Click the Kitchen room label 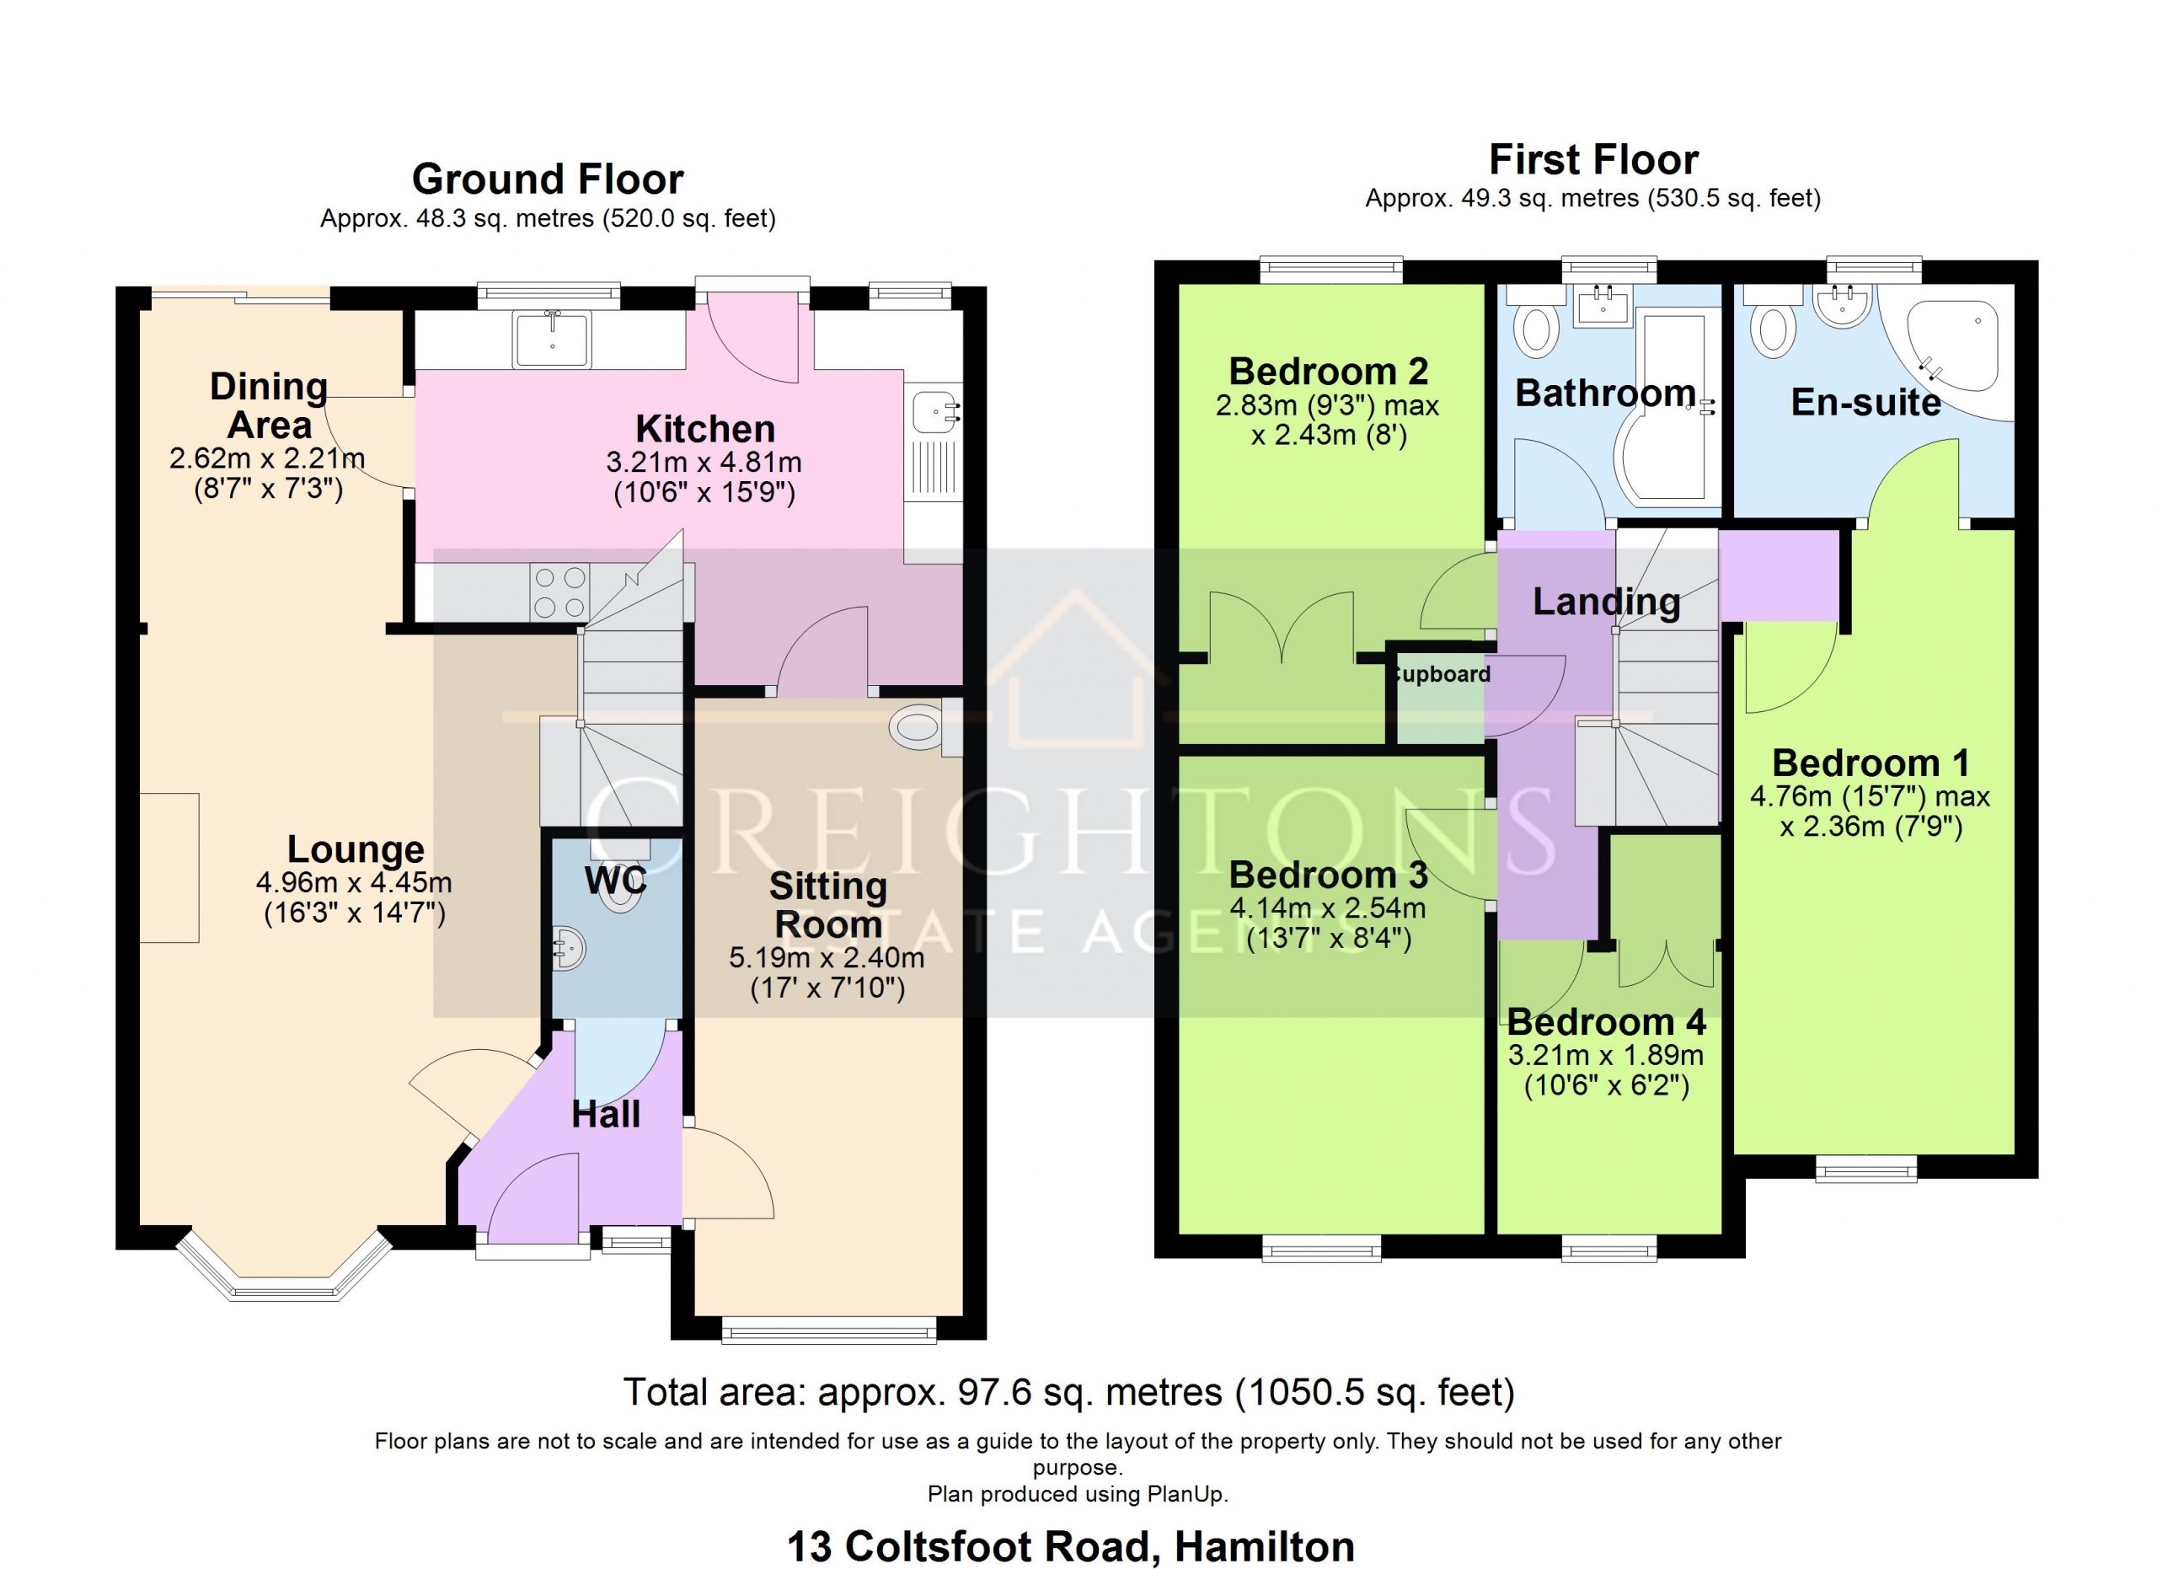pos(704,429)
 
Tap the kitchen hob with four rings pos(560,592)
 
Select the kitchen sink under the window pos(552,339)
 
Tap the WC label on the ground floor pos(615,880)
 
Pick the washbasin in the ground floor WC pos(569,948)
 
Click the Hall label pos(606,1115)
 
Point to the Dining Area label pos(269,406)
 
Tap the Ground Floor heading pos(548,179)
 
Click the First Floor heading pos(1593,160)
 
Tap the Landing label pos(1606,602)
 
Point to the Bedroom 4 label pos(1606,1022)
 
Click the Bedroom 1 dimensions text pos(1871,811)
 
